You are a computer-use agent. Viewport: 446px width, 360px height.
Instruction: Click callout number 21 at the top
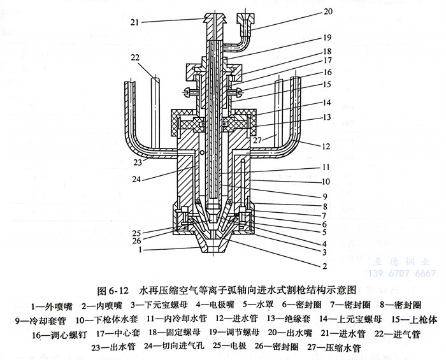point(134,22)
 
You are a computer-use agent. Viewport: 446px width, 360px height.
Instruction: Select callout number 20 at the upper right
point(328,11)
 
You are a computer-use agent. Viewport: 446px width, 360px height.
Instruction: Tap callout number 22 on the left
point(135,58)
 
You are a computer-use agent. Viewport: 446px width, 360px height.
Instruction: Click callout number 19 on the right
point(327,37)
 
